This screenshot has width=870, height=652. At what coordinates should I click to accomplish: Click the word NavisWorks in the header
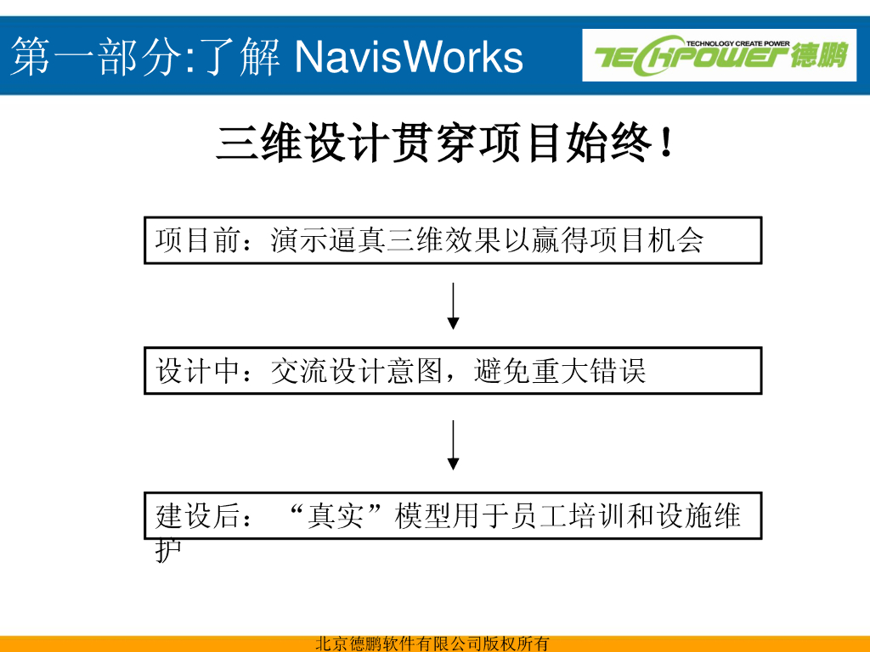tap(409, 57)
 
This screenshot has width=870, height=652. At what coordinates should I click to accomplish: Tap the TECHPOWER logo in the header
tap(719, 55)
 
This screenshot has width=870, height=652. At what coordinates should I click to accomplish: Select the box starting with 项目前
tap(453, 240)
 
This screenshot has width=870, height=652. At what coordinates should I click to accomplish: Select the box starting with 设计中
tap(453, 371)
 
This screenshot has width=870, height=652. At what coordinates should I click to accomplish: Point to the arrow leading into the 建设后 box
tap(454, 445)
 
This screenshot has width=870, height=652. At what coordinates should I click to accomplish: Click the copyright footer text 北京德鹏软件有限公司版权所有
tap(432, 644)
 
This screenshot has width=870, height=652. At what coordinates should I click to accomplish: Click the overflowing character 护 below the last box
tap(167, 550)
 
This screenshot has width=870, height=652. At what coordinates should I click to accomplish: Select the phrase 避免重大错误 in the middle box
tap(560, 371)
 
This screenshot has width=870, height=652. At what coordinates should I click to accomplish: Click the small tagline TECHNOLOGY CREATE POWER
tap(737, 42)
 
